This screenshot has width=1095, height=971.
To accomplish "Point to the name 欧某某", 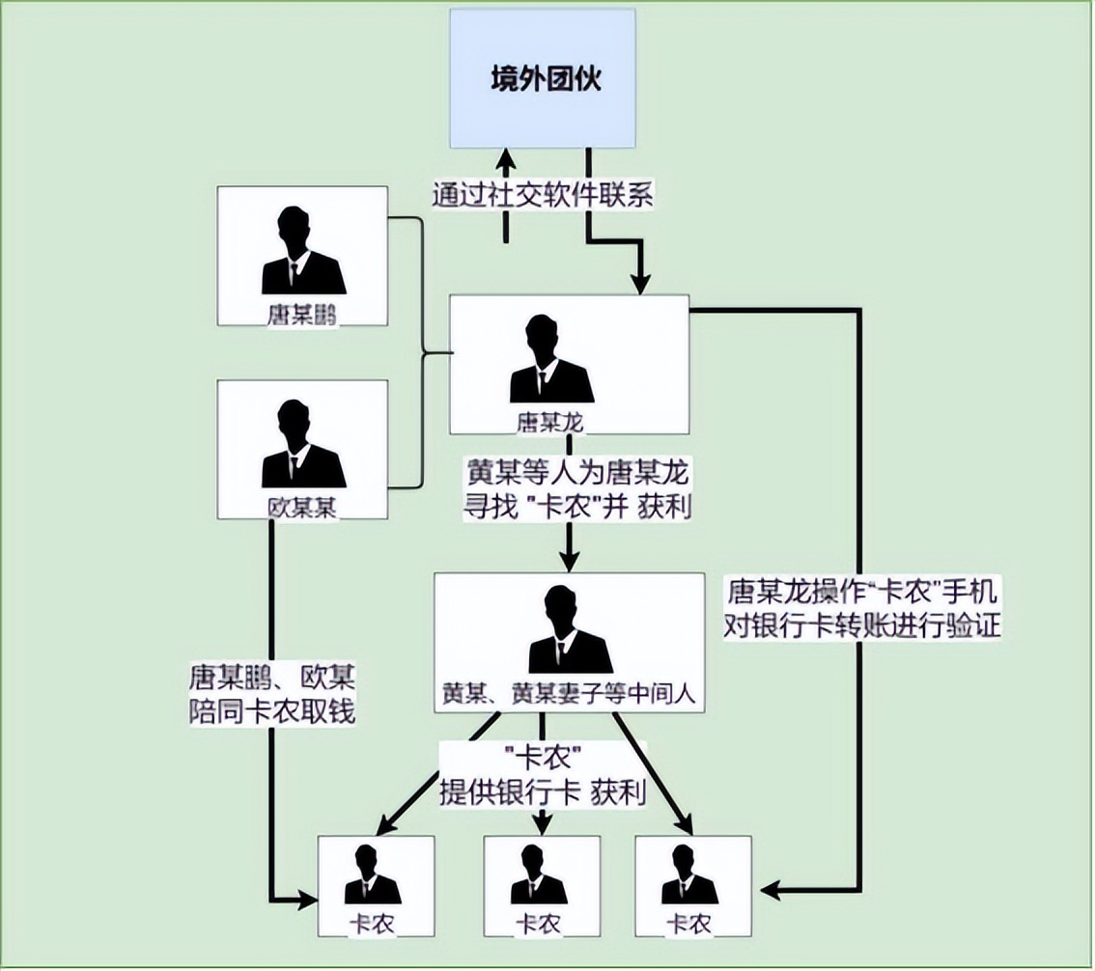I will [303, 508].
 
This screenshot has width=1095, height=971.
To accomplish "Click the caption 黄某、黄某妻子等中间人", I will [568, 692].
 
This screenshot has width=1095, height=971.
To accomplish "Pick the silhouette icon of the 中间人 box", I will [570, 629].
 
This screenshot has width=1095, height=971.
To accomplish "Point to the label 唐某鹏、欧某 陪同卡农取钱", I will [272, 694].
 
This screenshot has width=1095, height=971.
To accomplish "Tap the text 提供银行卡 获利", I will [543, 793].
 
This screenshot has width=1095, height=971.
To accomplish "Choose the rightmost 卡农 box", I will [691, 886].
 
